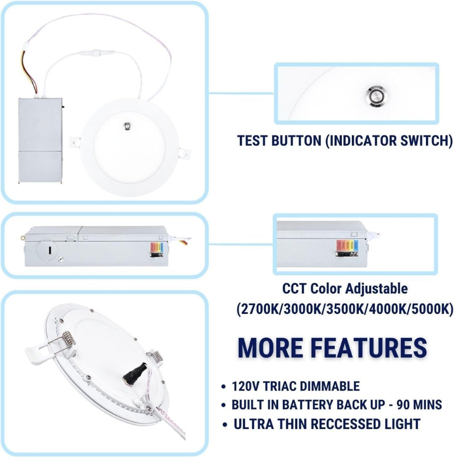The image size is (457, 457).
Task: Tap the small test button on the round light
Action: tap(127, 126)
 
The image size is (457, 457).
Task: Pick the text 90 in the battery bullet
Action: tap(404, 405)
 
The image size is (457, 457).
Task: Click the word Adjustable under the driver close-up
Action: tap(376, 289)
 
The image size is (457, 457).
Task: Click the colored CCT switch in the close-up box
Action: tap(347, 248)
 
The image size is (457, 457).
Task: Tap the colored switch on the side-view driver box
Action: tap(157, 250)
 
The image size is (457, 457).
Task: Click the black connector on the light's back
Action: tap(134, 374)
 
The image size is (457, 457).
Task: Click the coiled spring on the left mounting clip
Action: tap(69, 340)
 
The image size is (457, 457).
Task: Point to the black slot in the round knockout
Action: tap(49, 250)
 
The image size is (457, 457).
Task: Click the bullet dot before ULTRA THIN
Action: tap(224, 425)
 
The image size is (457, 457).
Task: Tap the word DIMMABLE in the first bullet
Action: tap(330, 386)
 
